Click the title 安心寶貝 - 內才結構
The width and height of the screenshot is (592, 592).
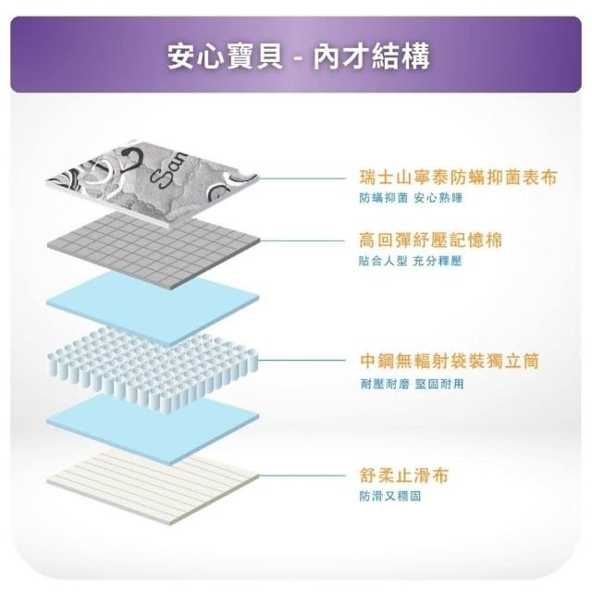pyautogui.click(x=298, y=56)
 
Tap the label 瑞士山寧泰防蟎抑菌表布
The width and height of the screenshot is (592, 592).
pyautogui.click(x=458, y=178)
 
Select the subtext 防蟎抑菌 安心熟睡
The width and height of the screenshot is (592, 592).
pyautogui.click(x=411, y=198)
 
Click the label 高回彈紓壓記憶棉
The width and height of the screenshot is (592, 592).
pyautogui.click(x=430, y=240)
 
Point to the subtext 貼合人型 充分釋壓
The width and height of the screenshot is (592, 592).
pyautogui.click(x=411, y=261)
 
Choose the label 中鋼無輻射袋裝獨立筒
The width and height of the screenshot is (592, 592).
pyautogui.click(x=450, y=361)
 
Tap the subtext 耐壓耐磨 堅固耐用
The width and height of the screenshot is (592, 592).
pyautogui.click(x=412, y=384)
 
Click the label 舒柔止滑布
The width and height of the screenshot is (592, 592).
pyautogui.click(x=403, y=475)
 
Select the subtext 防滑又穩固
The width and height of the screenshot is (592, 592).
pyautogui.click(x=390, y=496)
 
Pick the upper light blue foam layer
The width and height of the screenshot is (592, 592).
pyautogui.click(x=153, y=306)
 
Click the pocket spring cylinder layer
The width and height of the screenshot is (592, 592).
pyautogui.click(x=153, y=368)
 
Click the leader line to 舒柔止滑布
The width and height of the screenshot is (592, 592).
pyautogui.click(x=302, y=475)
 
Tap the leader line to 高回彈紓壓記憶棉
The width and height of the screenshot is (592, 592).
pyautogui.click(x=302, y=240)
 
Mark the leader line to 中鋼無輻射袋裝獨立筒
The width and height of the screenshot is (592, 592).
pyautogui.click(x=302, y=360)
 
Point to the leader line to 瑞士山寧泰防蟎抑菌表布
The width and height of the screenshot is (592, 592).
pyautogui.click(x=302, y=179)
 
